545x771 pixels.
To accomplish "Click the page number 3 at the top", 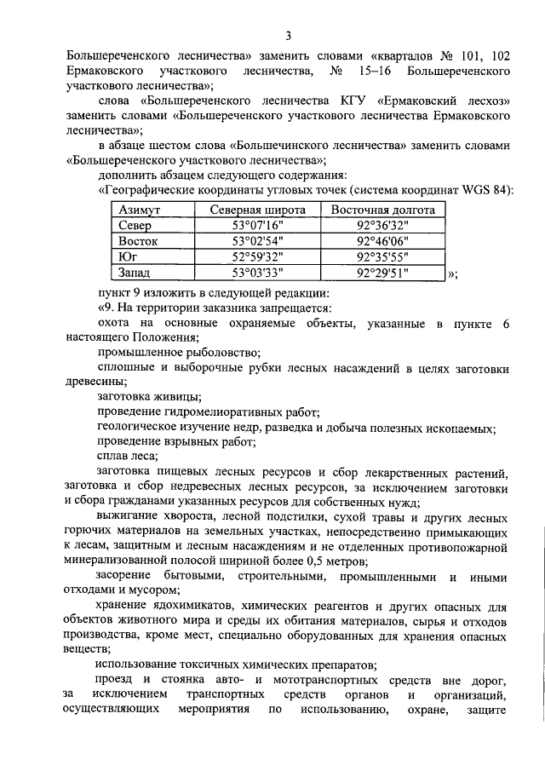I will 288,36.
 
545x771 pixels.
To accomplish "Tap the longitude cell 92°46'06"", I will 383,241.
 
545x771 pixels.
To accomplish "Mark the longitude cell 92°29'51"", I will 383,273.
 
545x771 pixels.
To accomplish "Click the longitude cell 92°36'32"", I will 383,226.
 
